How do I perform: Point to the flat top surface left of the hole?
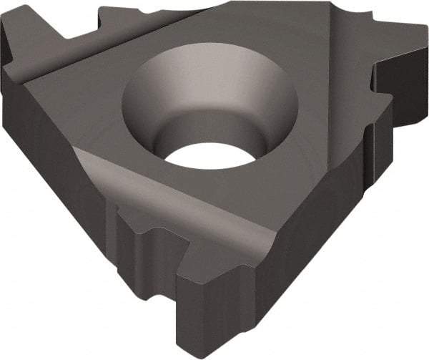click(79, 100)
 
